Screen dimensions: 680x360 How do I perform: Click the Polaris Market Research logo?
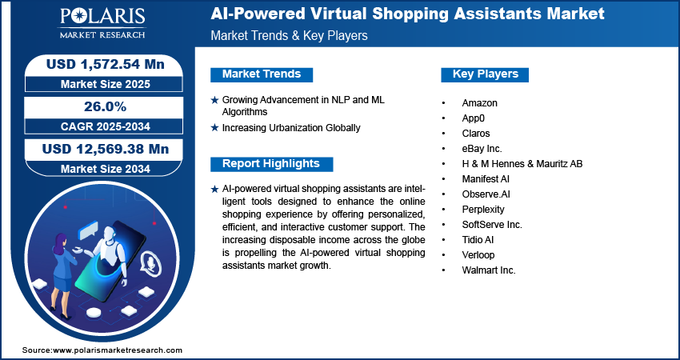102,23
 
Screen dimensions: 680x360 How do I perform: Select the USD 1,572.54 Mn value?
106,64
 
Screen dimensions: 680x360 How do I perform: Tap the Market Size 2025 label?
106,84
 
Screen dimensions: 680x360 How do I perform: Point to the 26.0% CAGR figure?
106,106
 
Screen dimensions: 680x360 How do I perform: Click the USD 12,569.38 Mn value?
106,149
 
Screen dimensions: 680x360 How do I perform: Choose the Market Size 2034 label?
106,169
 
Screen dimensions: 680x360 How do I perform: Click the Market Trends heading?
262,74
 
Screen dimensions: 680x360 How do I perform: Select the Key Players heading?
486,74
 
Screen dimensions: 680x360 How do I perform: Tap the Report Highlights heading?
271,163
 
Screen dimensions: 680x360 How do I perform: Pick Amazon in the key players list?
480,103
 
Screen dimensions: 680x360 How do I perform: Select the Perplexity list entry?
483,210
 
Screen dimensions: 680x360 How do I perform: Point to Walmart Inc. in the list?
489,270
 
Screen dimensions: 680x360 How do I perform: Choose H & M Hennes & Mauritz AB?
522,164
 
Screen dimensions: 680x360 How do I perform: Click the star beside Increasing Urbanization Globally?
214,128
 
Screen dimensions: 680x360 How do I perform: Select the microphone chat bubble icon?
150,262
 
